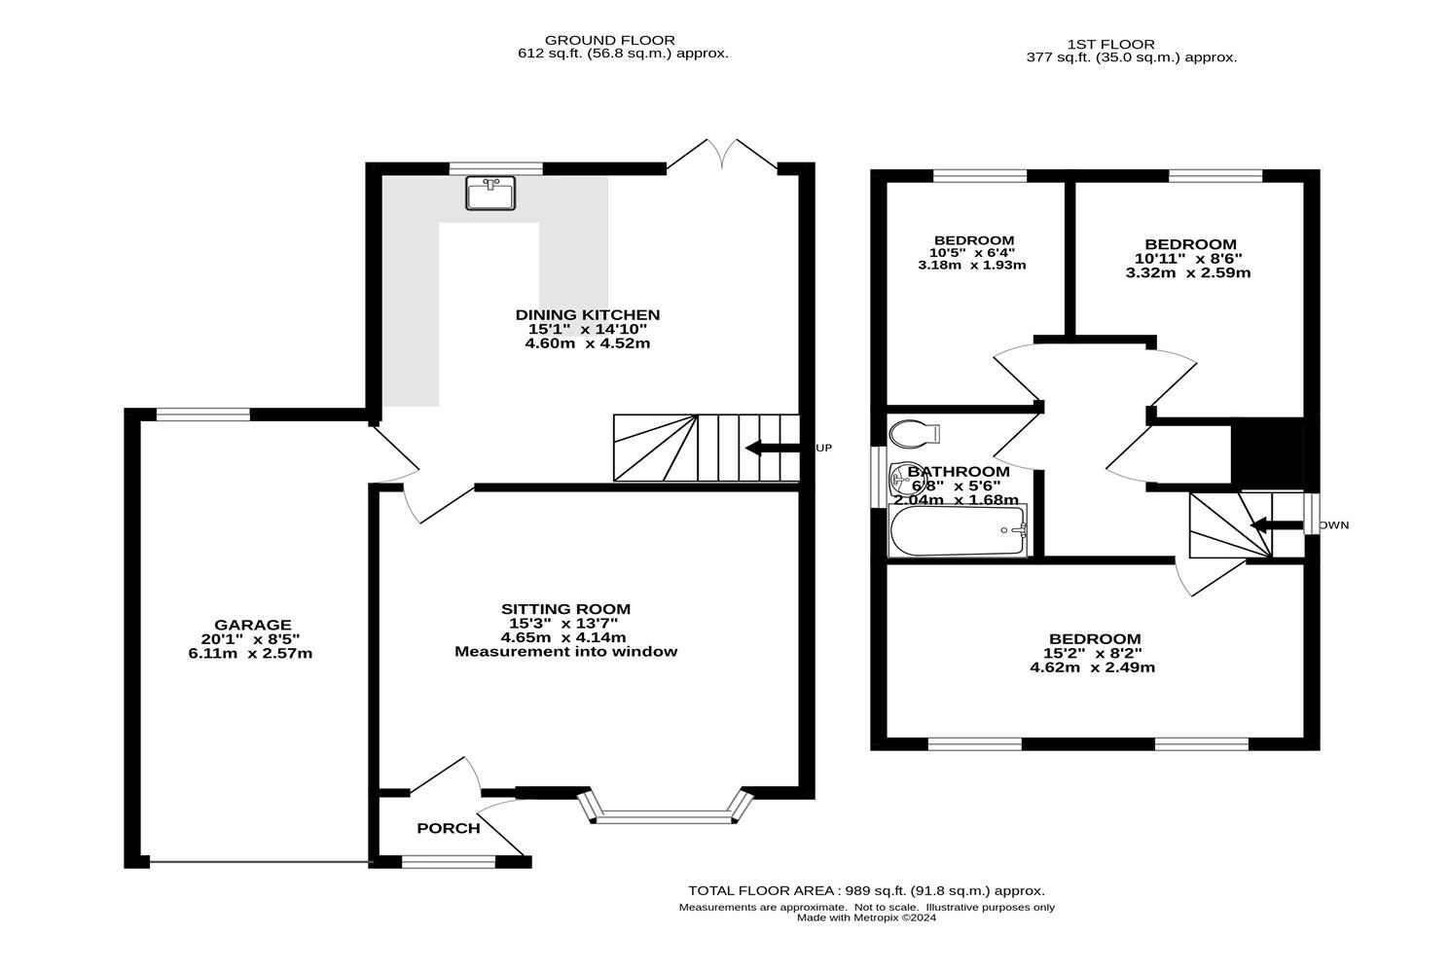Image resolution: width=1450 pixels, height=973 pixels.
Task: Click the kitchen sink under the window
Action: tap(490, 193)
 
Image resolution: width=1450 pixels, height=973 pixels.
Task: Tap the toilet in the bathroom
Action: tap(914, 433)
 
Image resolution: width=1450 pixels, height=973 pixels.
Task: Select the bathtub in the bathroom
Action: tap(958, 531)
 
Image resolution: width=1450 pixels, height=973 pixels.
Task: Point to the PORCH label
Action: tap(449, 828)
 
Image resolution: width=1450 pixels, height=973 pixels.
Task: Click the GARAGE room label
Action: tap(252, 625)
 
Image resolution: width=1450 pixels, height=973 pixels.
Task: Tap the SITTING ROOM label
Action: tap(565, 608)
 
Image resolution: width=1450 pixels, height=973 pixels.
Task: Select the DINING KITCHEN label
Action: tap(588, 314)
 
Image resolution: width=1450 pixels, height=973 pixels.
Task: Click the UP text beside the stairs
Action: tap(824, 448)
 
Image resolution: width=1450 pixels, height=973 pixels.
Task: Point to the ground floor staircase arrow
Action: tap(773, 448)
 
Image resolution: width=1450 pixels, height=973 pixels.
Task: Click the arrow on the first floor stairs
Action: tap(1277, 525)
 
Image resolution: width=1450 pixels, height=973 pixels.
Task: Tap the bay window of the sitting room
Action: tap(665, 808)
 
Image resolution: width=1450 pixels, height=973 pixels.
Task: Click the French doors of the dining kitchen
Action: tap(722, 156)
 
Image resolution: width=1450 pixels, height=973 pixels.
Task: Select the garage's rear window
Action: tap(203, 414)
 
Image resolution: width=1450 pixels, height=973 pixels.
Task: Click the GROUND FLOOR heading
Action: tap(610, 40)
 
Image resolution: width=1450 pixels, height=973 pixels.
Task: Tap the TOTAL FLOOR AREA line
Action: tap(866, 891)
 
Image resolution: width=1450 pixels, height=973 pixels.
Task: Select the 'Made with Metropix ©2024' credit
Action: tap(866, 918)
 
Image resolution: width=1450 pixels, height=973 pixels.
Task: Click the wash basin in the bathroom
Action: tap(900, 478)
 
